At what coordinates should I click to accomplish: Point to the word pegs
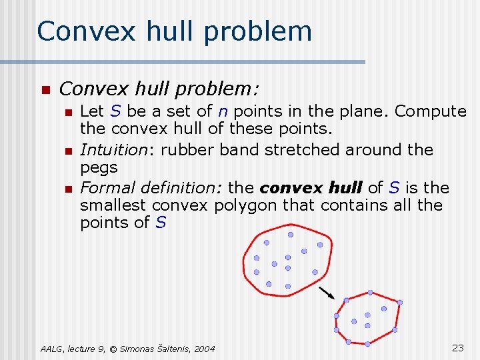coord(99,167)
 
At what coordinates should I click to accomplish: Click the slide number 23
coord(458,347)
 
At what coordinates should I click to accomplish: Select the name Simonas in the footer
coord(137,349)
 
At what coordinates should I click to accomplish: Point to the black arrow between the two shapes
coord(326,292)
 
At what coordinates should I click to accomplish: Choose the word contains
coord(350,205)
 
